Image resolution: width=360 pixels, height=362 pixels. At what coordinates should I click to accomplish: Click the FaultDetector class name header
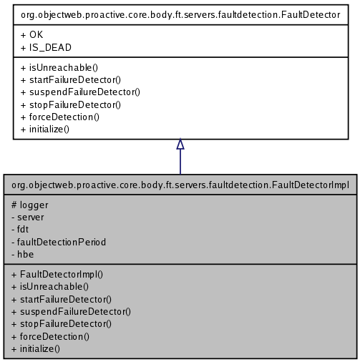pyautogui.click(x=180, y=14)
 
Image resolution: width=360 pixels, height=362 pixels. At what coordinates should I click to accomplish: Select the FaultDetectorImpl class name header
pyautogui.click(x=180, y=185)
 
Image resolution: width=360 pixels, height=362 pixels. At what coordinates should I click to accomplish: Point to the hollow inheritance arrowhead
pyautogui.click(x=180, y=145)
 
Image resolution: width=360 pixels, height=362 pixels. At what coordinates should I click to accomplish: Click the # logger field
pyautogui.click(x=30, y=205)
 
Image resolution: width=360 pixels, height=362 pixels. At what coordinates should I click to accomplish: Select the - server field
pyautogui.click(x=28, y=217)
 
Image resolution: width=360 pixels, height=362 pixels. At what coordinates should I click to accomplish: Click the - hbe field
pyautogui.click(x=22, y=254)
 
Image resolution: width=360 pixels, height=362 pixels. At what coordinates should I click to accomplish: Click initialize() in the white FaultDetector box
pyautogui.click(x=45, y=129)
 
